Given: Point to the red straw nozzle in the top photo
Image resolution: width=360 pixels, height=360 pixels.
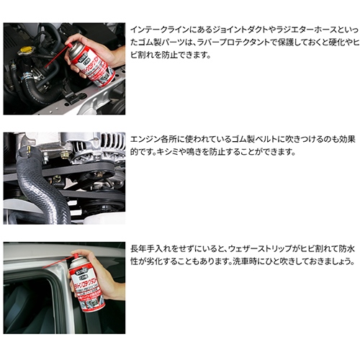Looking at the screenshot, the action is click(x=57, y=55).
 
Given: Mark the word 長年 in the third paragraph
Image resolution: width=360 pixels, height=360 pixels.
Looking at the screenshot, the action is click(x=138, y=248).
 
